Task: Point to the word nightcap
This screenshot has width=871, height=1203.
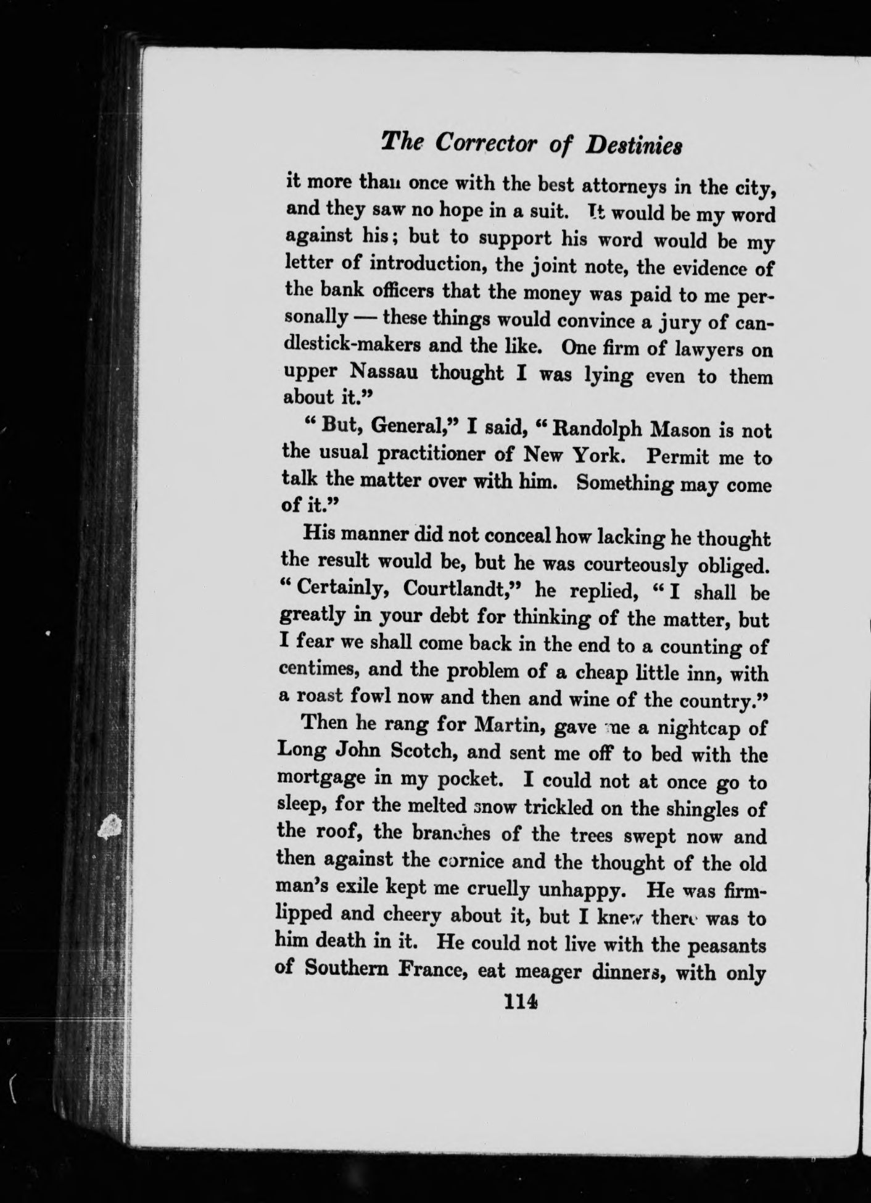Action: (x=703, y=728)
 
